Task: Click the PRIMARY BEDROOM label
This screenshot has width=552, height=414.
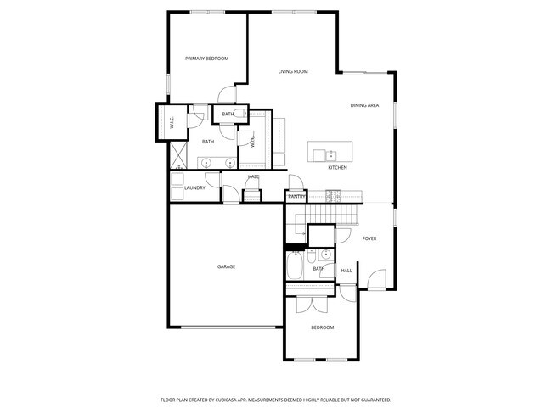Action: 207,58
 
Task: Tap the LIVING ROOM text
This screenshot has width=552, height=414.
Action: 292,71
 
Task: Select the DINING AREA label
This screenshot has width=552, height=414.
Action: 364,105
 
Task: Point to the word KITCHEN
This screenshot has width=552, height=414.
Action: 338,167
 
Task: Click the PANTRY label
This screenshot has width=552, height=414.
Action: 296,196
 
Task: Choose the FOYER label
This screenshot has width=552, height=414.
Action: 369,238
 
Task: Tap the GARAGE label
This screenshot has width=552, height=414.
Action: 226,266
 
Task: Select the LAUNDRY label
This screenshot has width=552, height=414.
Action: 194,187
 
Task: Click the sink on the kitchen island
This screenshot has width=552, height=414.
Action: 319,154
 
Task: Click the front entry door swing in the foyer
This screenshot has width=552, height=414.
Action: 376,278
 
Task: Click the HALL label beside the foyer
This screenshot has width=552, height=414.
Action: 346,271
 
